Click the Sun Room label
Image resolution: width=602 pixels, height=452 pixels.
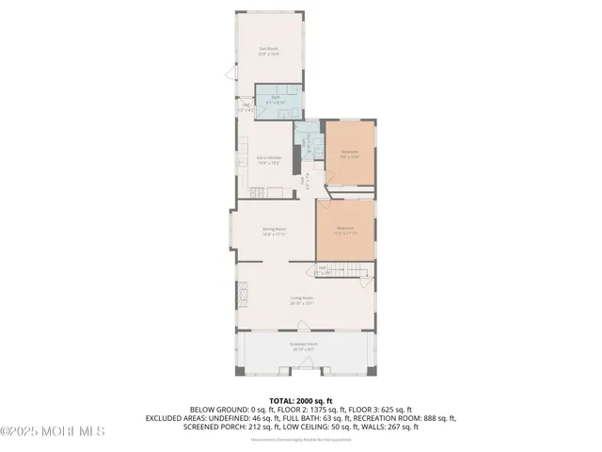(x=269, y=51)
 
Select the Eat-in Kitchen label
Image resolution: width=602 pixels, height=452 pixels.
(x=270, y=159)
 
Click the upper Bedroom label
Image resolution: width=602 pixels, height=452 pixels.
(x=349, y=153)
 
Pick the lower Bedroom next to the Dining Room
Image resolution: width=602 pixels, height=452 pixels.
(x=345, y=230)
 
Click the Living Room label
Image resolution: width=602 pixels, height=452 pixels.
(x=302, y=300)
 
